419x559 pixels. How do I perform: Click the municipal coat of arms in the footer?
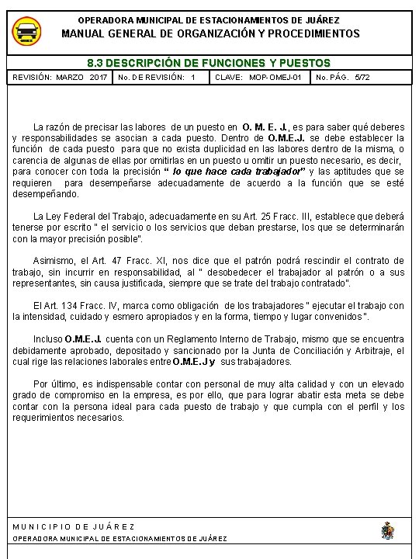click(x=387, y=530)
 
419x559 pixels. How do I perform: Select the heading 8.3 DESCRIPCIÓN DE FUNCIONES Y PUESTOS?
click(x=209, y=63)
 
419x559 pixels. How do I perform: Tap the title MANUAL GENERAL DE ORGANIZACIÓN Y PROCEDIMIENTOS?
click(x=209, y=33)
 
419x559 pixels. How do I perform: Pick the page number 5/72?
click(x=362, y=78)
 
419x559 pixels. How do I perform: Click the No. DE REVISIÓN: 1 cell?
click(x=161, y=78)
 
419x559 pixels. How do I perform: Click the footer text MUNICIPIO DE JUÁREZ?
click(x=74, y=526)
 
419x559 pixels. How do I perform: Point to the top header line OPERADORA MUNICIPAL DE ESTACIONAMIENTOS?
click(x=209, y=19)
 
